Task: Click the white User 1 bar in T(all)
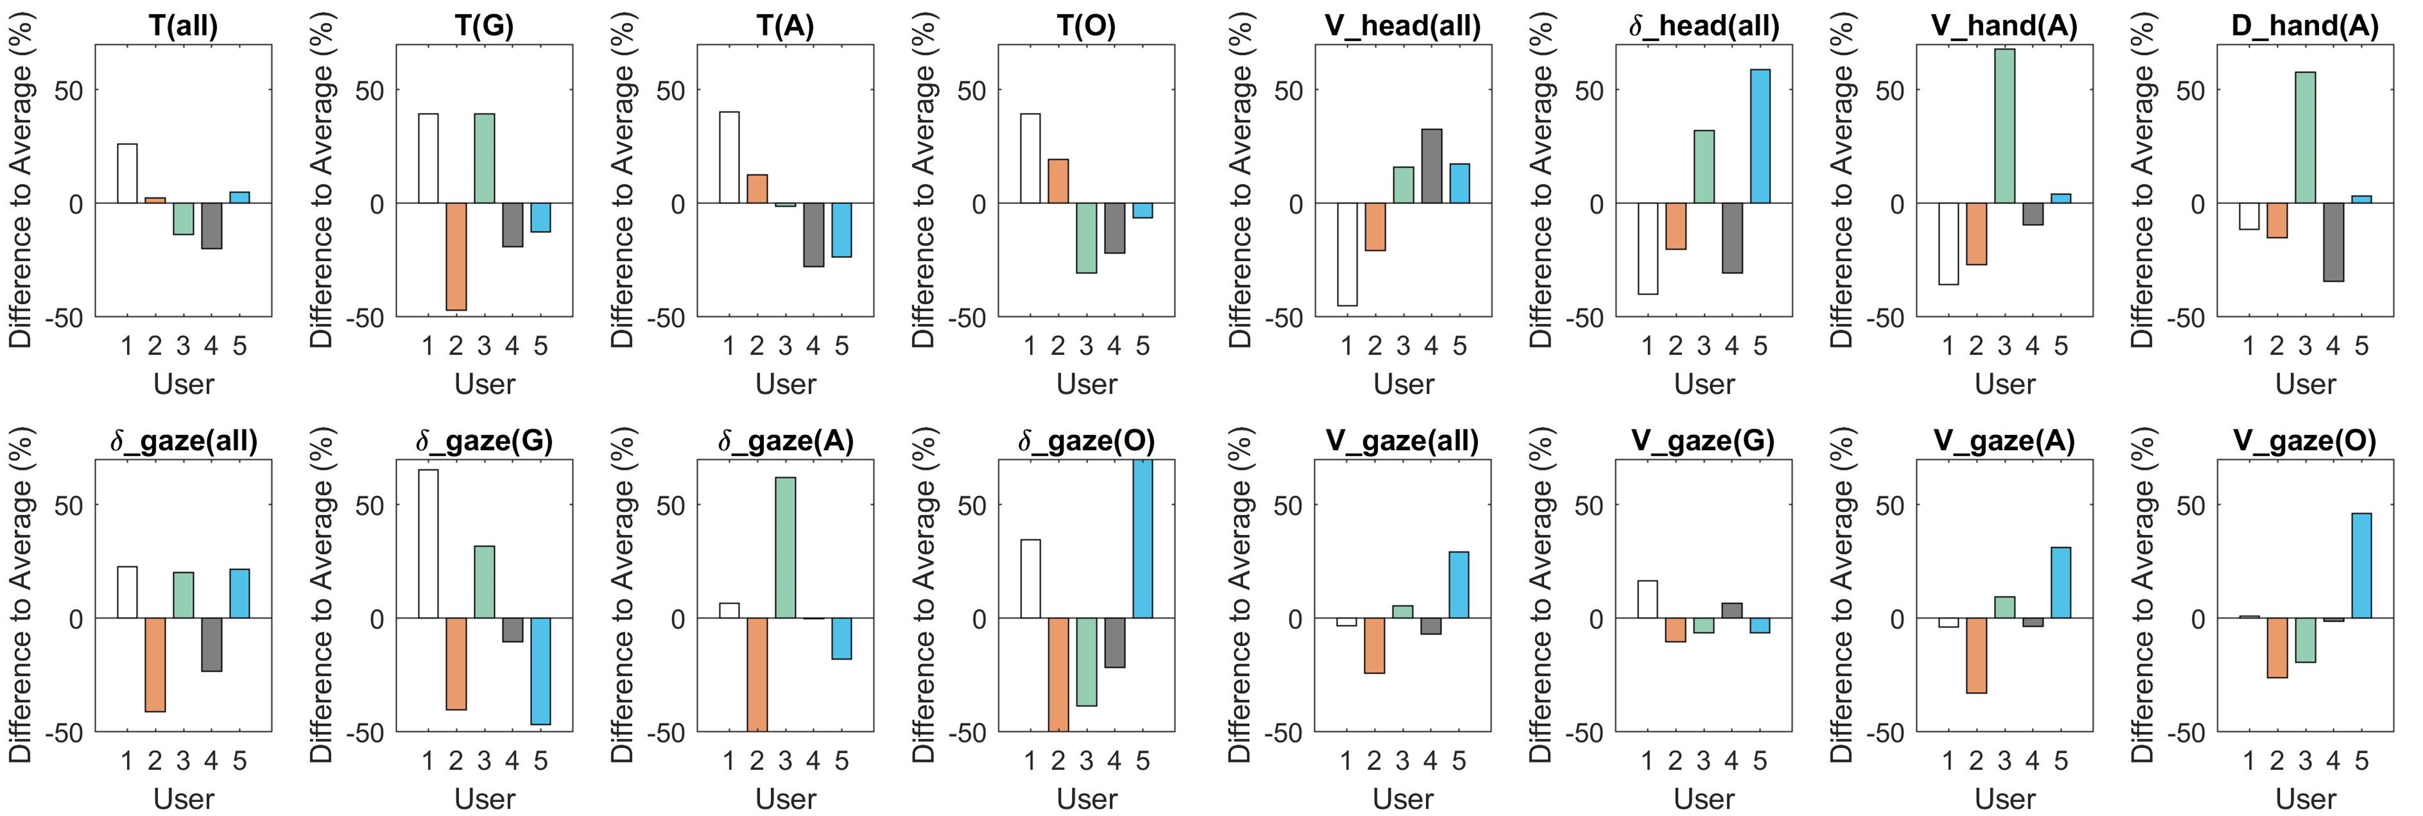point(127,174)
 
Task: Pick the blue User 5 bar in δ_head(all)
point(1760,136)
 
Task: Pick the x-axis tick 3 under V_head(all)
point(1403,347)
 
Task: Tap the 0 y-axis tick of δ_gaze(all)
point(75,619)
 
